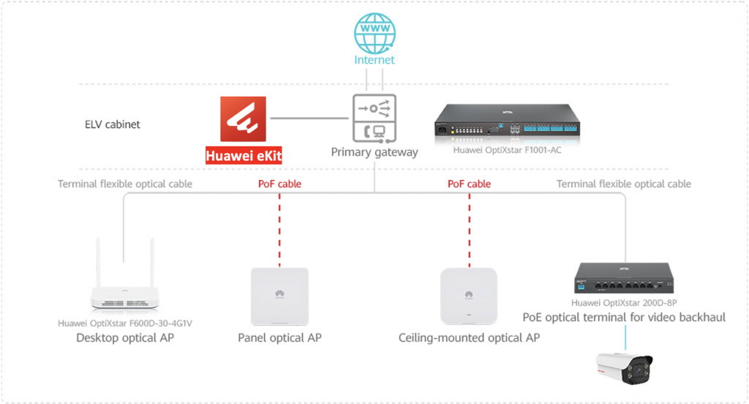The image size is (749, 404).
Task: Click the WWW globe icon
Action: pos(374,32)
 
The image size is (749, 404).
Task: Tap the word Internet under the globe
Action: pos(374,60)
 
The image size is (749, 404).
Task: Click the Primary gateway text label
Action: pos(374,152)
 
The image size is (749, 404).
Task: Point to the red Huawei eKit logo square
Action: pos(244,120)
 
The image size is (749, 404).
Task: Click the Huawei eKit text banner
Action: pos(244,155)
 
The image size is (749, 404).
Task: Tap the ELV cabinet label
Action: pos(113,124)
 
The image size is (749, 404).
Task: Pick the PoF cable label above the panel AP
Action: pos(279,184)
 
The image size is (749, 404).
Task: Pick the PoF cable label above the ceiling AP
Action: pos(469,184)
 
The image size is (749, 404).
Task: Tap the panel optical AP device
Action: pos(279,296)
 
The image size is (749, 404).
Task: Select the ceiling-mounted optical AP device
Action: pos(469,296)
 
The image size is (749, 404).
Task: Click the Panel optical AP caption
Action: pos(279,338)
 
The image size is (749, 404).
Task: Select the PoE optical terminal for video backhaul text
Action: pos(624,318)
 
